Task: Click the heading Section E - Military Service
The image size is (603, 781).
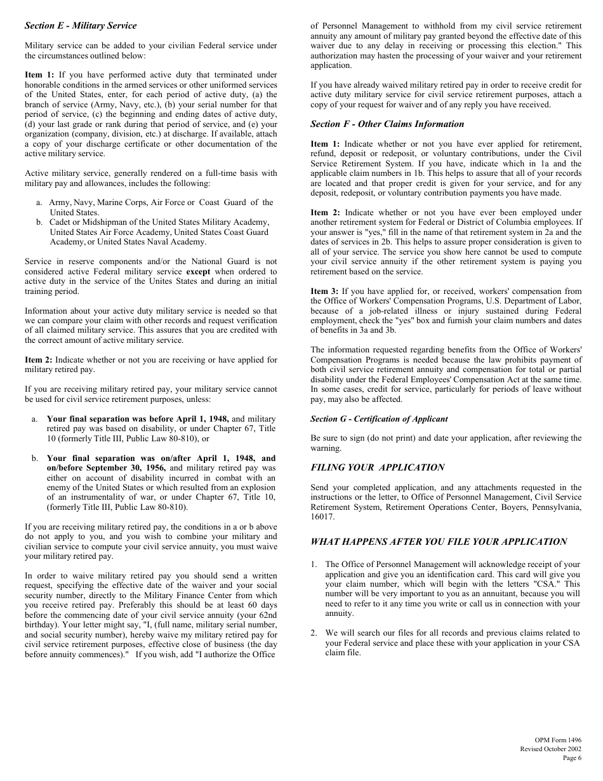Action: coord(81,26)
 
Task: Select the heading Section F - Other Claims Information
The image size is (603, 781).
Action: coord(387,124)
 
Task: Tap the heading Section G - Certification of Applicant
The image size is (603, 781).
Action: coord(379,419)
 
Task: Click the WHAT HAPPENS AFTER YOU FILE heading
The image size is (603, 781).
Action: coord(439,542)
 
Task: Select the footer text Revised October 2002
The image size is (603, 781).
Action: coord(550,749)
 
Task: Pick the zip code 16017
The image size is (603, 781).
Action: coord(321,517)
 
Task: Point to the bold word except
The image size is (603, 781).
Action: coord(198,272)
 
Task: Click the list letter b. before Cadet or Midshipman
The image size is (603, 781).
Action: coord(39,222)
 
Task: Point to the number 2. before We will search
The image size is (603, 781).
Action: coord(314,633)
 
